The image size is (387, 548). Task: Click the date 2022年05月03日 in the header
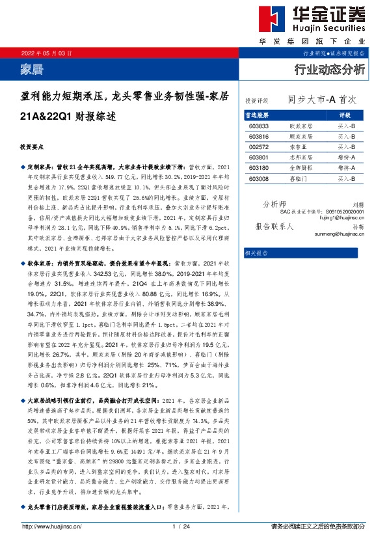click(47, 52)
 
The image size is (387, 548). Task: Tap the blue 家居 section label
click(33, 68)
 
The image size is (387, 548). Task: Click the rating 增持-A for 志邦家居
click(347, 158)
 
